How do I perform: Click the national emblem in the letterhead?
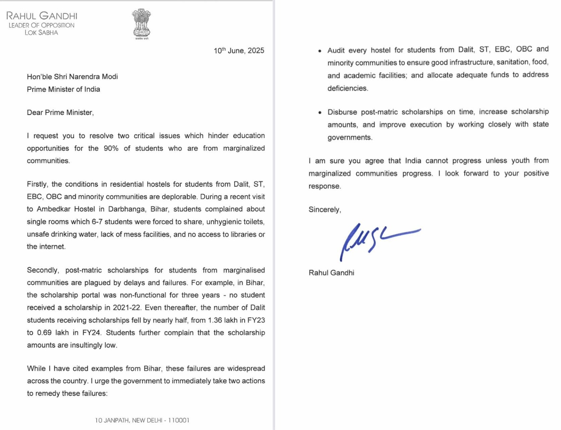(x=141, y=23)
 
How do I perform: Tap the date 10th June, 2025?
(x=239, y=51)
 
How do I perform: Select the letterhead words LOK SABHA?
(x=41, y=33)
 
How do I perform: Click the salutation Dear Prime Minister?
(x=60, y=112)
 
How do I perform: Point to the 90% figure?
(x=111, y=148)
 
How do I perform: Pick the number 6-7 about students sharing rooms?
(x=97, y=222)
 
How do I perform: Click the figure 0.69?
(x=44, y=333)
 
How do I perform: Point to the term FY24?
(x=91, y=333)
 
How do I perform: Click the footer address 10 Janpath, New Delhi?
(x=142, y=420)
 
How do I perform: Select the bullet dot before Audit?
(x=320, y=51)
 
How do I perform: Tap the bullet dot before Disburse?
(x=320, y=112)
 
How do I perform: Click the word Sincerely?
(x=324, y=210)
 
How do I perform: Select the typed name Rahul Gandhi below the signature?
(x=331, y=273)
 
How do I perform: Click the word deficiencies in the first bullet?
(x=347, y=88)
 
